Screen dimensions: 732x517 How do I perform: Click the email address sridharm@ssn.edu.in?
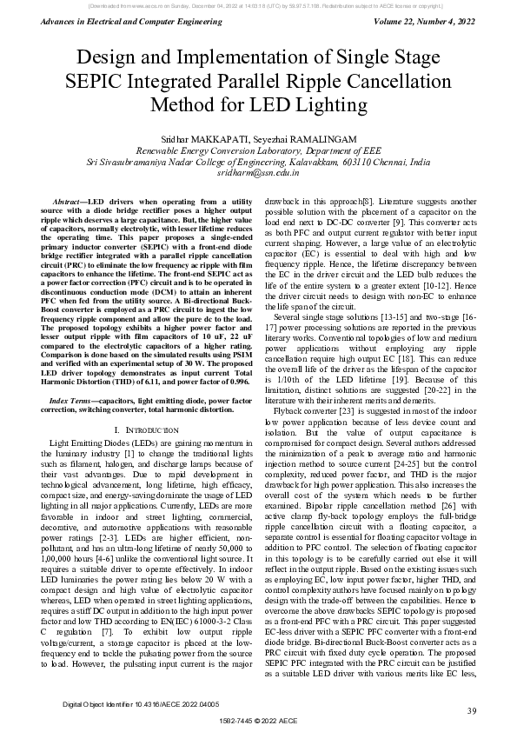coord(258,173)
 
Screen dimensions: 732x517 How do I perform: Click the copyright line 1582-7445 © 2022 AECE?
coord(258,722)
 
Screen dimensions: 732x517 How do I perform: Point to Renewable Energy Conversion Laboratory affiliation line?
coord(258,150)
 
